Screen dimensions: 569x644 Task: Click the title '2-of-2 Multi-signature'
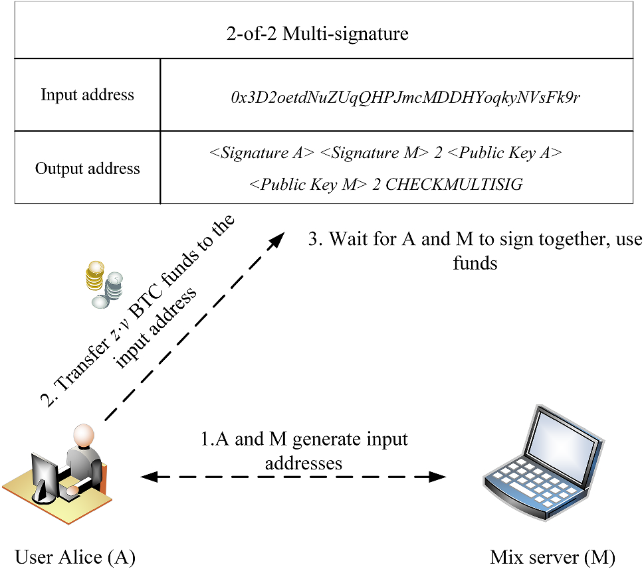[x=317, y=34]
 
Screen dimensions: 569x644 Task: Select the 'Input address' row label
[x=87, y=95]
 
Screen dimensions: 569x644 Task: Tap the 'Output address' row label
[x=87, y=168]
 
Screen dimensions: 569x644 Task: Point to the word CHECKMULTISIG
[x=454, y=184]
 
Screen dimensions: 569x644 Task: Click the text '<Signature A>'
[x=262, y=153]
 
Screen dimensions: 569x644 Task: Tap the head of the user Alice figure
[x=83, y=436]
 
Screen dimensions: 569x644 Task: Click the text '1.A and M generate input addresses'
[x=304, y=450]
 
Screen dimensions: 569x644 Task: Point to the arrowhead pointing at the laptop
[x=439, y=476]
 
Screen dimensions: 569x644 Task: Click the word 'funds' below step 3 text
[x=475, y=262]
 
